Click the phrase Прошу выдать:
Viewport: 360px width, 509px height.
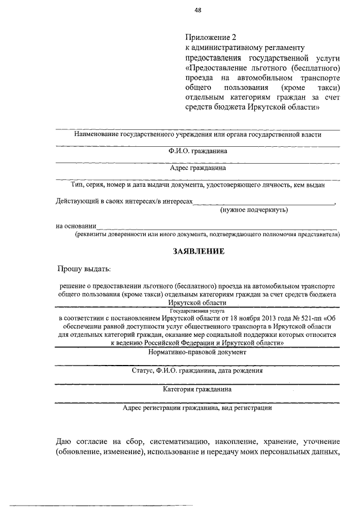point(84,270)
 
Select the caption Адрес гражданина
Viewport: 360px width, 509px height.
point(198,168)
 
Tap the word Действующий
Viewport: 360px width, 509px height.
point(78,201)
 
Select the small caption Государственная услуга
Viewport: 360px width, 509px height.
point(198,310)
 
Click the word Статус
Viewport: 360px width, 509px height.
point(143,371)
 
